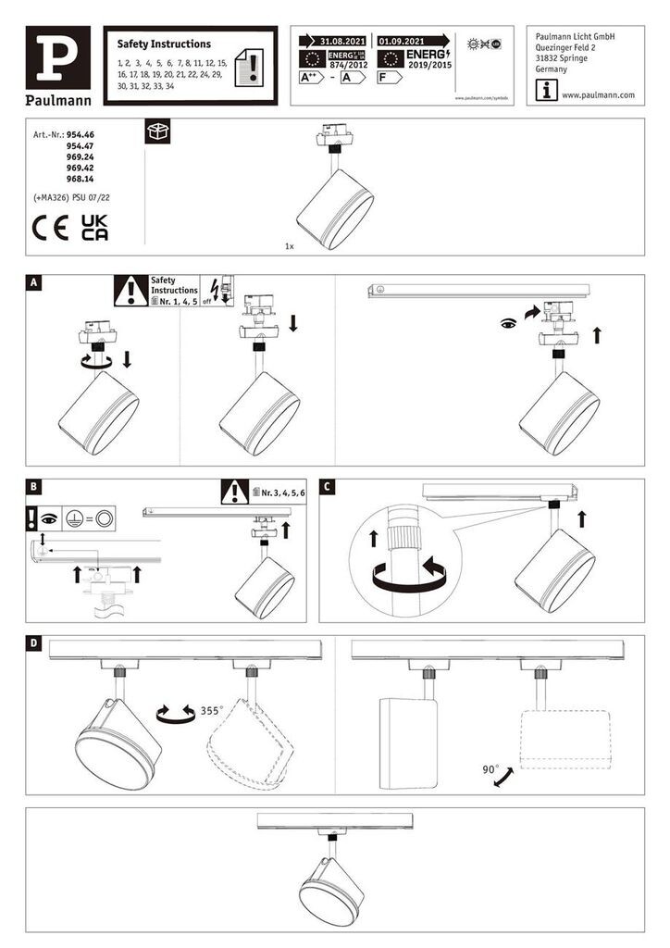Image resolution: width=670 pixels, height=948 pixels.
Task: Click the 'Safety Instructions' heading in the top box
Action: pos(164,44)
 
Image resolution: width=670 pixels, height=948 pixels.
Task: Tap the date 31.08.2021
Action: pos(337,42)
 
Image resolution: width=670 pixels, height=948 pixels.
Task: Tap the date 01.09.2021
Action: pos(402,42)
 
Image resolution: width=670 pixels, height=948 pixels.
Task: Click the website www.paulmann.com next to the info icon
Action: pos(598,95)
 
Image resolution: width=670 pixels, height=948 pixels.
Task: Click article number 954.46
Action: pos(81,135)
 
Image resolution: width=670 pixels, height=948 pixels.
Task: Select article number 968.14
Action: pos(81,180)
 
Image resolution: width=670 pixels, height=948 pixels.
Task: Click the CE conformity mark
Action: pos(50,228)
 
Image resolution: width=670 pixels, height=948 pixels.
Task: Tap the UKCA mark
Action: pos(94,228)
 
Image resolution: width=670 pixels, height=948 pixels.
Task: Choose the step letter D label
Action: pos(35,642)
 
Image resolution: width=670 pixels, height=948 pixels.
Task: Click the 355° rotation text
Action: pos(211,712)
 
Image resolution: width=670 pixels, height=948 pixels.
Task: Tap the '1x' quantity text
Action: pos(290,247)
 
